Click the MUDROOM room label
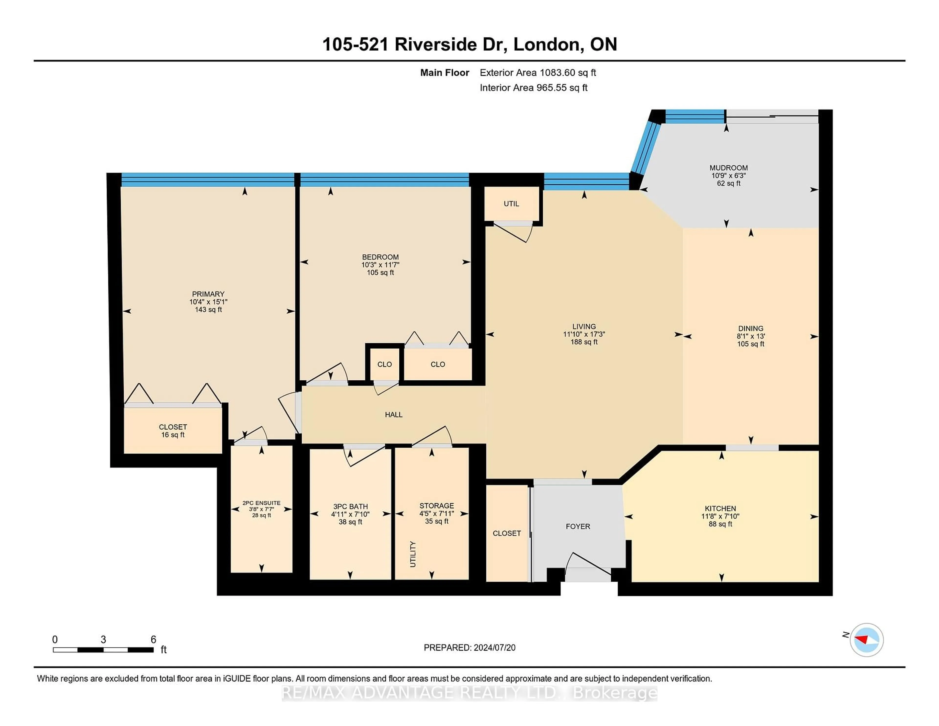pos(728,168)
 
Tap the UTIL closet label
pos(511,204)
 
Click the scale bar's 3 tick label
pos(103,640)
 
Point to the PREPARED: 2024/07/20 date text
pos(469,648)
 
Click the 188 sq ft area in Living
pos(584,342)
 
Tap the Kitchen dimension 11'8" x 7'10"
pos(720,516)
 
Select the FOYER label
pos(577,526)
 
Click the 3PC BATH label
pos(350,507)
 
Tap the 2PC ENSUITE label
pos(261,503)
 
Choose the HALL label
pos(393,415)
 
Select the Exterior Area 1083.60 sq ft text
pos(538,73)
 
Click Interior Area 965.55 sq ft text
pos(534,88)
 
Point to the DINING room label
pos(751,328)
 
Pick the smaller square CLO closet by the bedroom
pos(384,364)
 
